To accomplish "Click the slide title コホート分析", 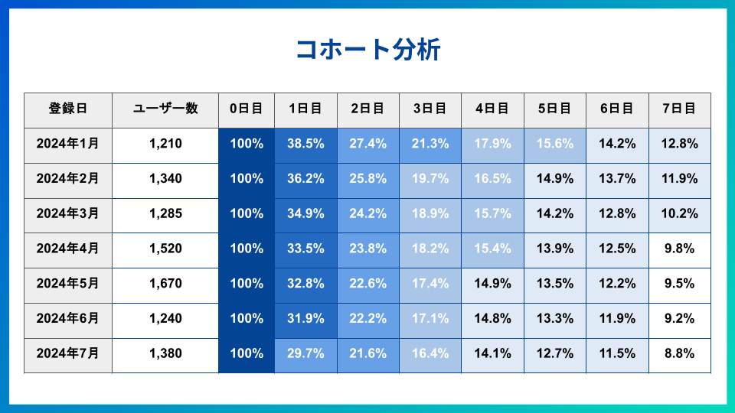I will click(367, 50).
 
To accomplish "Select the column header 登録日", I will click(68, 109).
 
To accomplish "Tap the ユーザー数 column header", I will click(165, 109).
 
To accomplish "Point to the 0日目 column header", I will click(247, 109).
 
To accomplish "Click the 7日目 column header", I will click(679, 109).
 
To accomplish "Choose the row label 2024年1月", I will click(68, 144).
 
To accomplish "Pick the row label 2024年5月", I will click(68, 284).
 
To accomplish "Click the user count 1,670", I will click(165, 284).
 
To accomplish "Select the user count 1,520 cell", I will click(165, 249).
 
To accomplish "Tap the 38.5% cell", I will click(305, 144).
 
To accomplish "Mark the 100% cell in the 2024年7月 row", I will click(247, 354).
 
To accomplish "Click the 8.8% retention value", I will click(679, 354).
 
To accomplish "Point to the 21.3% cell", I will click(430, 144).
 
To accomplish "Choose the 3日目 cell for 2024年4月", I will click(430, 249).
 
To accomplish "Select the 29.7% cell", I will click(305, 354).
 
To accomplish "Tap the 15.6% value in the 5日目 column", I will click(555, 144).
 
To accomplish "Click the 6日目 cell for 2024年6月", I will click(617, 319).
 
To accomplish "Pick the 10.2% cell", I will click(679, 214).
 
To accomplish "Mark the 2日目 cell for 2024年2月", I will click(367, 179).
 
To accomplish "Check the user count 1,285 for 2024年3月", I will click(165, 214).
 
